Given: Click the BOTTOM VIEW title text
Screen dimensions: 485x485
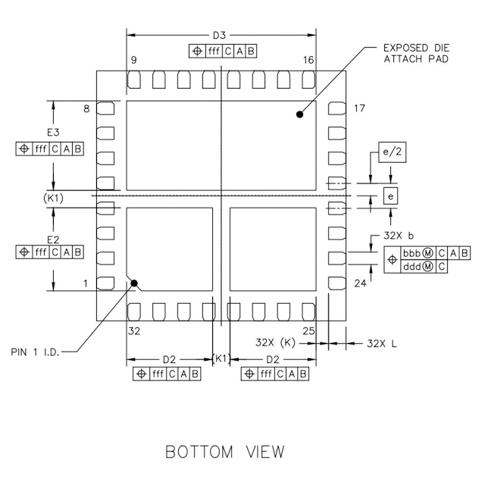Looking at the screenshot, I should (226, 452).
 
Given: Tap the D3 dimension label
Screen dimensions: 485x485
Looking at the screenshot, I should (220, 35).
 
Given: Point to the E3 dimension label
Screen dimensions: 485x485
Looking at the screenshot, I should (53, 133).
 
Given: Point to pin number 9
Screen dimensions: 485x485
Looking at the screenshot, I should (133, 60).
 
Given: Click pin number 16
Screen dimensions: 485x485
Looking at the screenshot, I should (308, 60).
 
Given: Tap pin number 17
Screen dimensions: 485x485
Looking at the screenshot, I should (359, 109).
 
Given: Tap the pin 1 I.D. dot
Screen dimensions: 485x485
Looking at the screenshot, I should (135, 284).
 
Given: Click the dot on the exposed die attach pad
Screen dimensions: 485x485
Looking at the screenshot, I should (300, 114).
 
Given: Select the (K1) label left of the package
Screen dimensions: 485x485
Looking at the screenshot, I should (54, 198).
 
